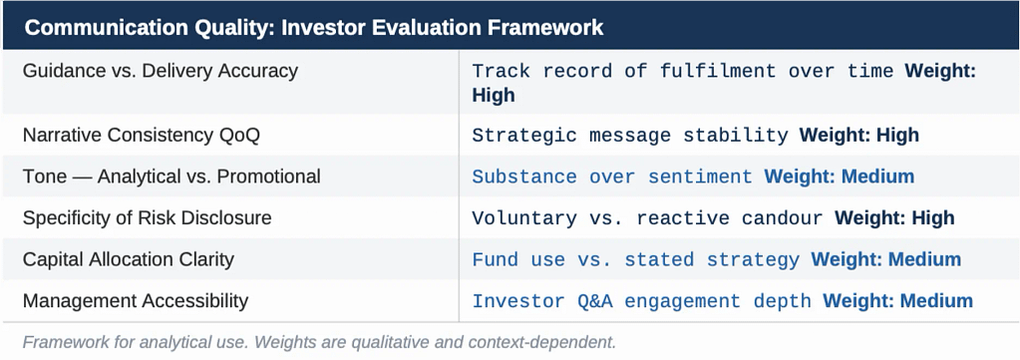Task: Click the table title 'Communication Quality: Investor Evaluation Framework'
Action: (314, 28)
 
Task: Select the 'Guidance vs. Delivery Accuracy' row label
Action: (160, 71)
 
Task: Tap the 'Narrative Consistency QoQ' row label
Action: (142, 135)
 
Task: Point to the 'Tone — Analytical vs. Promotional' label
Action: (171, 177)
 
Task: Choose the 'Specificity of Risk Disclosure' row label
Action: (147, 217)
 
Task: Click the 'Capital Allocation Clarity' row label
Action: (129, 259)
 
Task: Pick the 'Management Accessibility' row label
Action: (136, 301)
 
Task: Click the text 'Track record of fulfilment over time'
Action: (683, 71)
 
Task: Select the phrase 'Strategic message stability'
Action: (630, 136)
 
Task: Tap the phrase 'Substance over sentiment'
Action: (612, 177)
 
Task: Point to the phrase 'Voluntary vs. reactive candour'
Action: (648, 218)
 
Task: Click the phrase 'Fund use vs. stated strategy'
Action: (636, 259)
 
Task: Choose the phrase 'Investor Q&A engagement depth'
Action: (642, 301)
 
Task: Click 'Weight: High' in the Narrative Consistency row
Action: (859, 135)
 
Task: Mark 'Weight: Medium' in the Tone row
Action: (840, 177)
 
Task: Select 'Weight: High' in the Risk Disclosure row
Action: (894, 217)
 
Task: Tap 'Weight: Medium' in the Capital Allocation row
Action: (886, 259)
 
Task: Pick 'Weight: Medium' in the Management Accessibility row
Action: (897, 301)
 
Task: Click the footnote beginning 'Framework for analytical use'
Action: (319, 342)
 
